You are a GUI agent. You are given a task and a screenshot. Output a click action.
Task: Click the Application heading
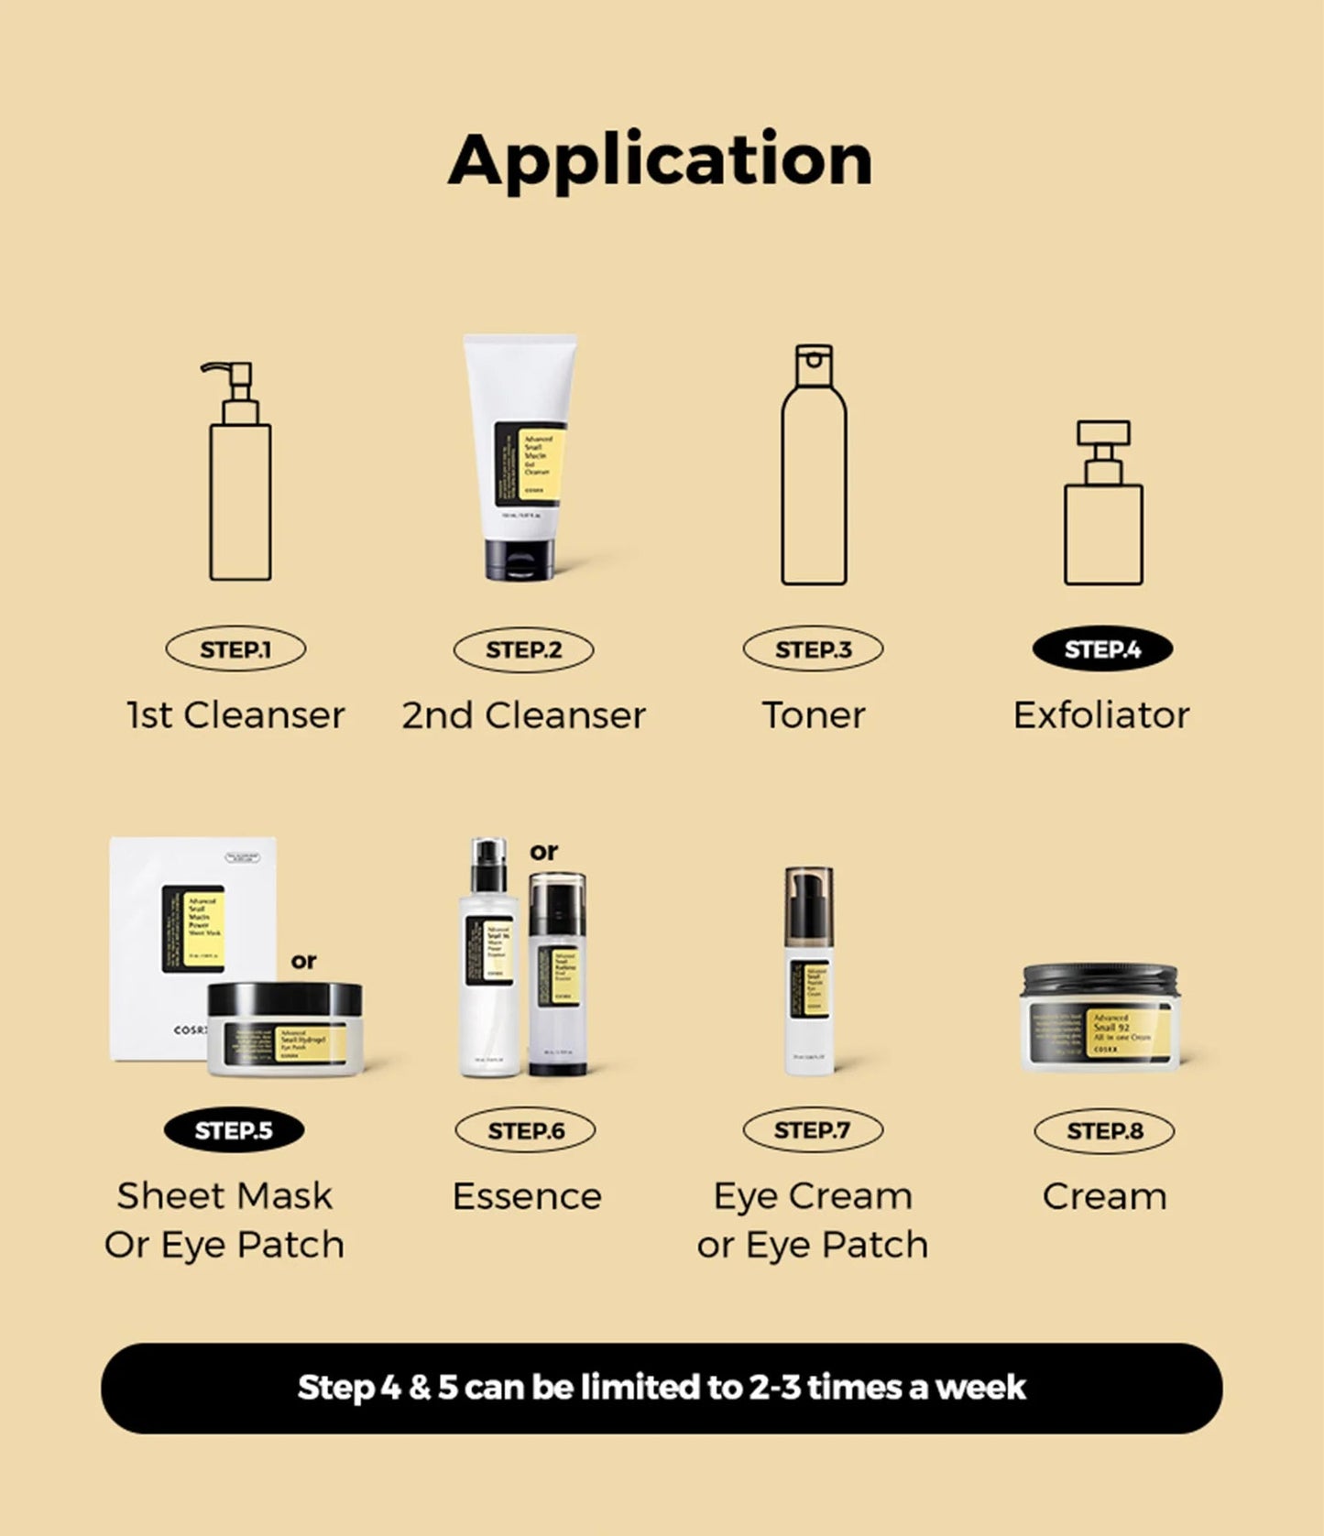(x=660, y=160)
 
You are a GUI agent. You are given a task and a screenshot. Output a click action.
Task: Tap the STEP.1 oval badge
(x=235, y=649)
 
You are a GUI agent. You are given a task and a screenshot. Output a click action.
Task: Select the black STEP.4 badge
(x=1102, y=649)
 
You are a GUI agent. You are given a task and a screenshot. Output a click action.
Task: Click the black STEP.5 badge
(x=234, y=1130)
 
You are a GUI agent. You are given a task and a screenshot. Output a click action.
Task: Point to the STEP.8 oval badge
(x=1104, y=1131)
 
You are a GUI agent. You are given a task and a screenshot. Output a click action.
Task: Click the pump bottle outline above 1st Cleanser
(x=239, y=495)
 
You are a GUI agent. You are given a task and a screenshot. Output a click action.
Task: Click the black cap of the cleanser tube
(x=520, y=560)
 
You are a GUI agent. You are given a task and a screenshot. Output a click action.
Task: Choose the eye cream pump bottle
(x=810, y=971)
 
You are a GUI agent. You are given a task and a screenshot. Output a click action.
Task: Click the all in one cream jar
(x=1100, y=1019)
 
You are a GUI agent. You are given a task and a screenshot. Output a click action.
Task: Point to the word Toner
(x=814, y=715)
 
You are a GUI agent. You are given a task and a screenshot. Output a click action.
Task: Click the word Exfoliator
(x=1101, y=715)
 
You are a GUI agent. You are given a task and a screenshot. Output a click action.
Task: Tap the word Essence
(x=527, y=1196)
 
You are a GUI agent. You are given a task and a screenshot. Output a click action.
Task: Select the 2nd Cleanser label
(x=524, y=715)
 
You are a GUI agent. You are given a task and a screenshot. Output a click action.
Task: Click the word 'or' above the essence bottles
(x=543, y=852)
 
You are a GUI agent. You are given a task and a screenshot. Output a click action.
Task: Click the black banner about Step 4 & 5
(x=662, y=1388)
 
